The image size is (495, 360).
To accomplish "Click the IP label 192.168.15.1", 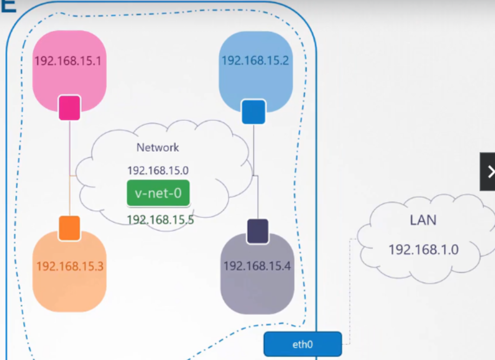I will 68,61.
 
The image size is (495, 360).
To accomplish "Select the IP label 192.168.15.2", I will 255,60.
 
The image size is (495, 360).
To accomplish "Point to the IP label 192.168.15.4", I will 257,266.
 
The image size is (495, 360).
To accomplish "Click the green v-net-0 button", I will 158,193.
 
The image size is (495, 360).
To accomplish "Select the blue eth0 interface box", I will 303,344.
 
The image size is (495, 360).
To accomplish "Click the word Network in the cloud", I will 158,147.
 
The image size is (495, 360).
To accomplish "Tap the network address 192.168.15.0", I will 158,171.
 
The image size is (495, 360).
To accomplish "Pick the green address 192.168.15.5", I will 160,220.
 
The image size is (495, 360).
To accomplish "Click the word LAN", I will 423,220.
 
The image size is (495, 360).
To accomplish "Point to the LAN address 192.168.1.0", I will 423,249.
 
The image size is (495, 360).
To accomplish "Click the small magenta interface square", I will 69,107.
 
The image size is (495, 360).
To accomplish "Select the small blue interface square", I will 253,112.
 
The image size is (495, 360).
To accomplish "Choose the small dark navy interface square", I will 258,232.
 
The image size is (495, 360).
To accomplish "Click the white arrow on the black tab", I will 491,172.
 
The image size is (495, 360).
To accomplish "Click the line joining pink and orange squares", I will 70,163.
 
